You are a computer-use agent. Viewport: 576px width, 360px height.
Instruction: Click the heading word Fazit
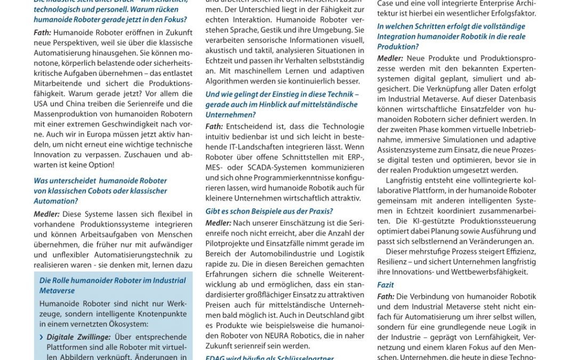tap(386, 285)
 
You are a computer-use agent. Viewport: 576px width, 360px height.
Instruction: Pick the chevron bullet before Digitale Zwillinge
tap(42, 337)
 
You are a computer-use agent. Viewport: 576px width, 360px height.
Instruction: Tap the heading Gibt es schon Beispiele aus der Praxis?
tap(269, 211)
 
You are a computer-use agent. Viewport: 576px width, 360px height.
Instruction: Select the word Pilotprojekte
tap(230, 244)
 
